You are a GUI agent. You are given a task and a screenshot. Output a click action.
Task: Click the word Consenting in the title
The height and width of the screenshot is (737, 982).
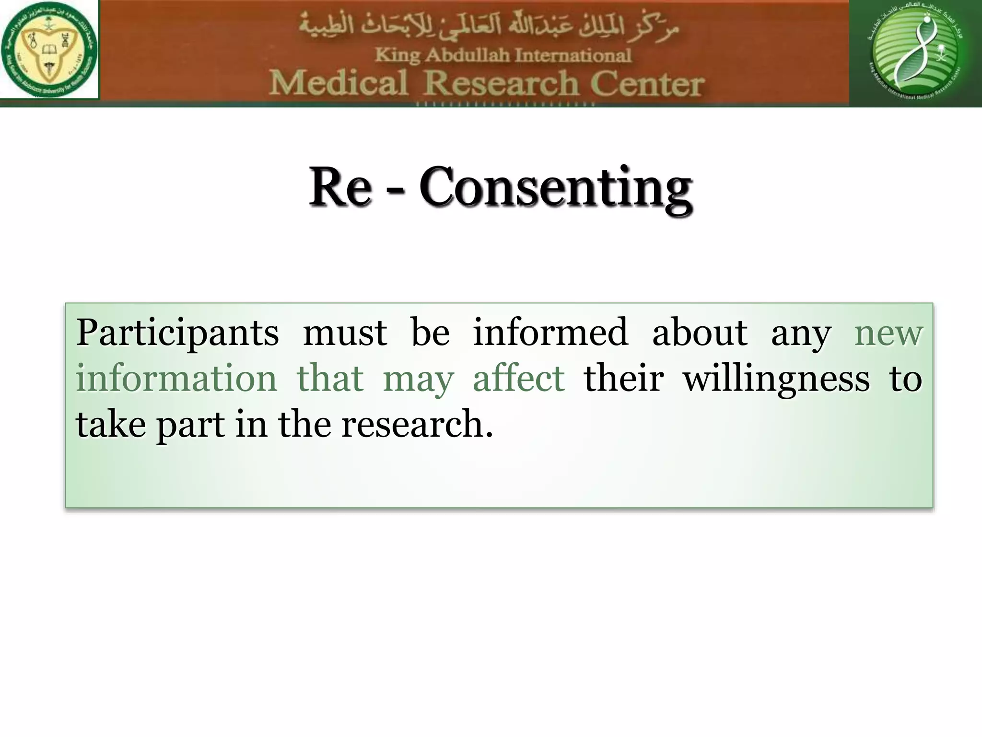(555, 187)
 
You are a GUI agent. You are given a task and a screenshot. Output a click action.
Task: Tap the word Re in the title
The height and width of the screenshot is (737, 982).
(339, 187)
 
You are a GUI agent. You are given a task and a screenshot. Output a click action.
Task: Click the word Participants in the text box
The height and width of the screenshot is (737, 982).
(177, 333)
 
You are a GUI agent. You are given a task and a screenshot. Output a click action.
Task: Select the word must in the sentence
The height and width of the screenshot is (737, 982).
(345, 333)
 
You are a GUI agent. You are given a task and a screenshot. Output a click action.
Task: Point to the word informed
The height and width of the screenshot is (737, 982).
(550, 332)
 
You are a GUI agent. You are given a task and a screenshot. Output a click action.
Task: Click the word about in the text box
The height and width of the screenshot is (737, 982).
(700, 332)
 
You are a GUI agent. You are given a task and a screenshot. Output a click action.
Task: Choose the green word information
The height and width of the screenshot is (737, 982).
(176, 378)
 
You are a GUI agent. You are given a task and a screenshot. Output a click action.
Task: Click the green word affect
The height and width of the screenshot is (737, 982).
(519, 378)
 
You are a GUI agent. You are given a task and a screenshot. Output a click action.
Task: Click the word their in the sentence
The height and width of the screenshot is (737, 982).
(623, 378)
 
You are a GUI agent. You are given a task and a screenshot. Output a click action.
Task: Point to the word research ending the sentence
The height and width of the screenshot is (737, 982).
(416, 424)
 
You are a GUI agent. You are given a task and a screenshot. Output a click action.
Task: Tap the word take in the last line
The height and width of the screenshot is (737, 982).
(111, 424)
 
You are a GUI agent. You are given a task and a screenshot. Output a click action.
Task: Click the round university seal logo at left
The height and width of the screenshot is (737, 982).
(49, 49)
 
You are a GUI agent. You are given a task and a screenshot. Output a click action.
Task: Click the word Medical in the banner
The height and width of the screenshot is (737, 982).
(338, 83)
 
